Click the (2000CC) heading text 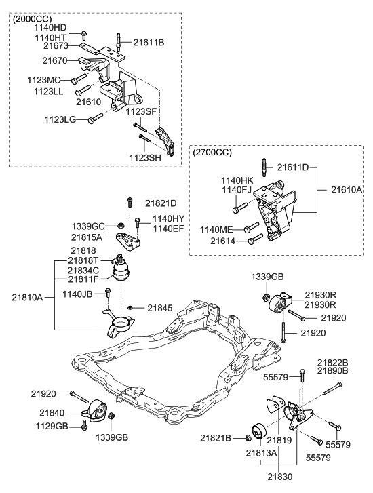33,19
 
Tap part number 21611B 149,42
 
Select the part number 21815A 87,237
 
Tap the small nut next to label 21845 130,308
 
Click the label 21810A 27,297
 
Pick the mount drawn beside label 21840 96,412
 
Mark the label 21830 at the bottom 279,477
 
